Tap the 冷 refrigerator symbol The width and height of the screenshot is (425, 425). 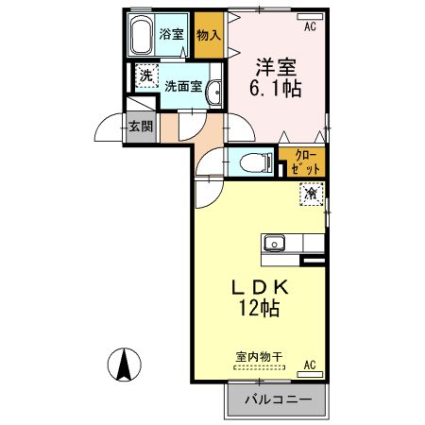click(310, 194)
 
